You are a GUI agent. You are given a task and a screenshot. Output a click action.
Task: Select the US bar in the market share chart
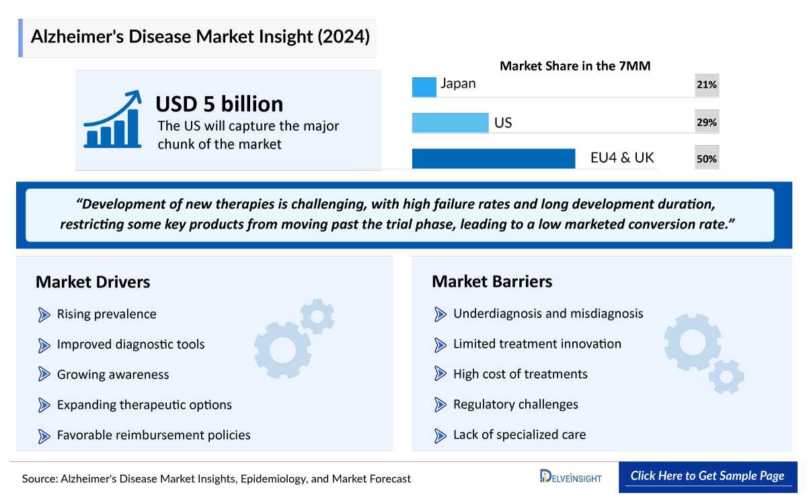[x=450, y=123]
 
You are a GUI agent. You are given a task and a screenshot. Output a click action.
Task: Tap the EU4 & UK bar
[x=493, y=159]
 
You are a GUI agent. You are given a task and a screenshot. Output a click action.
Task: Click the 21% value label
[x=707, y=85]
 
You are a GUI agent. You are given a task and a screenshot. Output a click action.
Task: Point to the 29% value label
[x=707, y=123]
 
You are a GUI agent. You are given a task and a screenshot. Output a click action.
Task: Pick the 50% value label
[x=707, y=159]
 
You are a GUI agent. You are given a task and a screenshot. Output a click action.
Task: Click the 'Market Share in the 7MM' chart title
[x=575, y=66]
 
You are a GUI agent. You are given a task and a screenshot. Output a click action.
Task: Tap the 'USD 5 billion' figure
[x=219, y=104]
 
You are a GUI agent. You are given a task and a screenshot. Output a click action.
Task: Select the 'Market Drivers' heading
[x=93, y=282]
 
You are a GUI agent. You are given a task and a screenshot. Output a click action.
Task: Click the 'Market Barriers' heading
[x=492, y=281]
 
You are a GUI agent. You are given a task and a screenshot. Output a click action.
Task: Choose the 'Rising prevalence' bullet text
[x=106, y=314]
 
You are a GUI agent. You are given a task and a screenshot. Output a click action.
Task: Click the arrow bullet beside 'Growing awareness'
[x=44, y=375]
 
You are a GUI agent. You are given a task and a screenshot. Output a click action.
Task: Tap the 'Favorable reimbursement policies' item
[x=153, y=435]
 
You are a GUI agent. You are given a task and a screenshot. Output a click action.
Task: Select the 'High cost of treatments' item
[x=520, y=374]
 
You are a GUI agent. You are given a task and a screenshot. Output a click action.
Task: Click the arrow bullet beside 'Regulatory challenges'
[x=441, y=404]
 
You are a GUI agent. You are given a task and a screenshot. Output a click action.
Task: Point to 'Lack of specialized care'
[x=519, y=435]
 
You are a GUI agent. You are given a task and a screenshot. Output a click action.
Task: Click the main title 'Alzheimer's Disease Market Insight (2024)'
[x=200, y=36]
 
